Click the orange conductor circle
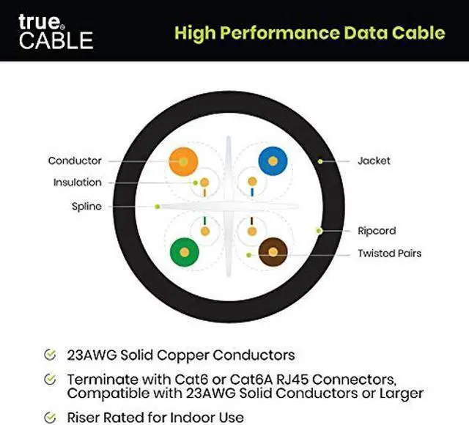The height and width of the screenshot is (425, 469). pyautogui.click(x=183, y=160)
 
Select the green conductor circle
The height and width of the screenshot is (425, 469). pyautogui.click(x=183, y=252)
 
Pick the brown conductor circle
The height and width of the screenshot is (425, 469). pyautogui.click(x=272, y=252)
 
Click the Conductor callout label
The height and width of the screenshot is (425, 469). pyautogui.click(x=75, y=160)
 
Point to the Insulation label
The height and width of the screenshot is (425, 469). pyautogui.click(x=77, y=182)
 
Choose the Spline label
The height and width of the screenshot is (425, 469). pyautogui.click(x=86, y=207)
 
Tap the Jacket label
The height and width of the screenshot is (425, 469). pyautogui.click(x=374, y=160)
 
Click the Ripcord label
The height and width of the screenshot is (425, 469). pyautogui.click(x=377, y=231)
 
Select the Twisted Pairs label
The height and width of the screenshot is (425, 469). pyautogui.click(x=389, y=254)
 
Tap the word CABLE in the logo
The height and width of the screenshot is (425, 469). pyautogui.click(x=56, y=40)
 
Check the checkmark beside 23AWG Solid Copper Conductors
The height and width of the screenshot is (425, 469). pyautogui.click(x=50, y=355)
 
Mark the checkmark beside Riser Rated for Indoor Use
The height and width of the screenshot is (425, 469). pyautogui.click(x=50, y=418)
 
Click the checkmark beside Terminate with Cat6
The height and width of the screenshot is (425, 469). pyautogui.click(x=50, y=380)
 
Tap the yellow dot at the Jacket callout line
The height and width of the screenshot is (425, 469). pyautogui.click(x=320, y=160)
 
